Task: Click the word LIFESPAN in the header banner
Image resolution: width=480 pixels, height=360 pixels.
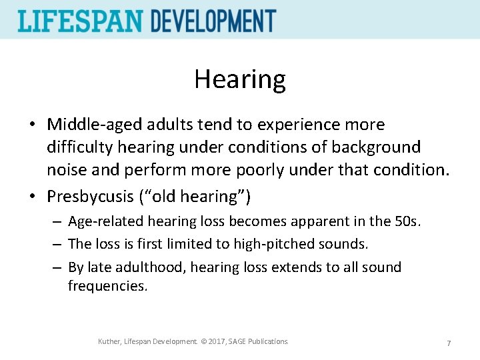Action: (81, 21)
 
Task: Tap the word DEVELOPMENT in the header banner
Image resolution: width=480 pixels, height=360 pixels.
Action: (213, 21)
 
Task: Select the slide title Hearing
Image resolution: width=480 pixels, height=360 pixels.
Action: (240, 79)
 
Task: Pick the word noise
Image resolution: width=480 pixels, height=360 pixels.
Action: (65, 169)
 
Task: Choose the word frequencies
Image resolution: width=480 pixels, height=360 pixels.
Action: (107, 286)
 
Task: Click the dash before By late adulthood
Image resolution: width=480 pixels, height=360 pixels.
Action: (59, 268)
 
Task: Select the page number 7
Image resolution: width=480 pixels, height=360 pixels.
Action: (449, 343)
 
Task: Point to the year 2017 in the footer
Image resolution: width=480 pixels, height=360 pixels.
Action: (217, 341)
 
